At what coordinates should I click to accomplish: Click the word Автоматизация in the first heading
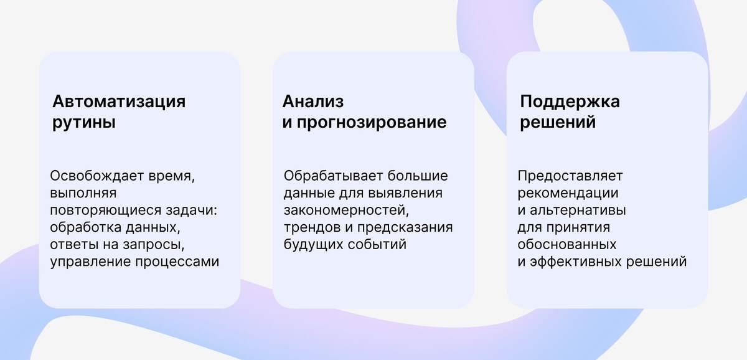tap(119, 102)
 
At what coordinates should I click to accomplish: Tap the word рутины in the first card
tap(84, 123)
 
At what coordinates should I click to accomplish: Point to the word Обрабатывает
tap(334, 176)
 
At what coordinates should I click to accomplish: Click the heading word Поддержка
tap(570, 102)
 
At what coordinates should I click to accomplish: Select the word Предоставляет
tap(570, 176)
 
